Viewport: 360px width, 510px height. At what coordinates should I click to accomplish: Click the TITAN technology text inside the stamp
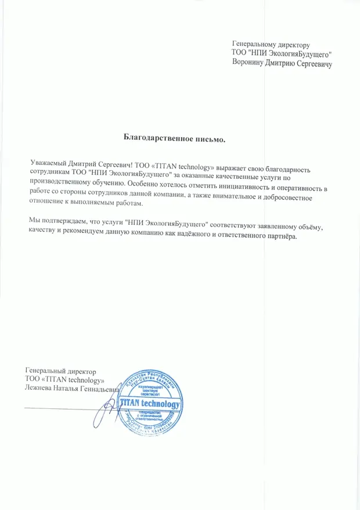[x=150, y=404]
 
